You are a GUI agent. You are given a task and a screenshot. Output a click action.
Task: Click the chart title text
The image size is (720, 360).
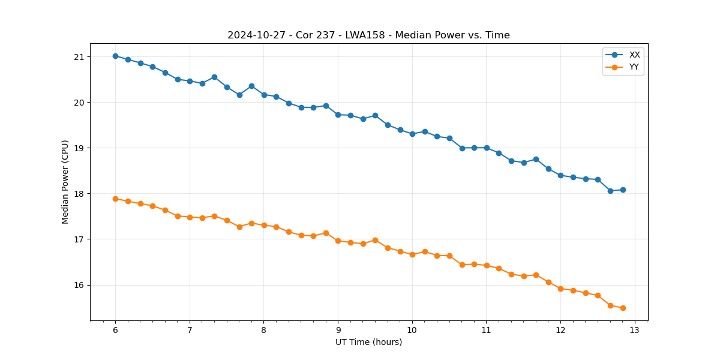368,35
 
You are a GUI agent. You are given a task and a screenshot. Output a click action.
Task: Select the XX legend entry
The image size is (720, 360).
634,55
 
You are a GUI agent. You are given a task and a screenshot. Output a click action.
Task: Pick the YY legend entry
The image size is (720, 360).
634,67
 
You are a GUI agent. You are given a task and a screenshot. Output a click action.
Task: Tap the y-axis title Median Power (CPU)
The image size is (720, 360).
65,182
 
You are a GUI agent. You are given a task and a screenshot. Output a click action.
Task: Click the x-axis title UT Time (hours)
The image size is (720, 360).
368,342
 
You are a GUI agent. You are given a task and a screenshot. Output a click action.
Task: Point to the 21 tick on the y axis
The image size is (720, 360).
79,57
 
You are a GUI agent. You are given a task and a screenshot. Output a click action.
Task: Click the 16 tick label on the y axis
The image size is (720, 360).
79,285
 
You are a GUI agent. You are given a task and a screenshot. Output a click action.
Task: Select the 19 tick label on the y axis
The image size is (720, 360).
79,148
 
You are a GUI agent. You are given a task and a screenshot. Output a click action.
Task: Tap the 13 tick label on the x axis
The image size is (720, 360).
635,331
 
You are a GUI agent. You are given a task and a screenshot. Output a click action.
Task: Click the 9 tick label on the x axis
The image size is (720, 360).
338,331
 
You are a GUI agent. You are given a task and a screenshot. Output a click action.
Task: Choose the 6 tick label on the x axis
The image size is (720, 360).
115,331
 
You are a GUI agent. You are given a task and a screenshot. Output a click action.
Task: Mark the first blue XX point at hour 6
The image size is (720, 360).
115,56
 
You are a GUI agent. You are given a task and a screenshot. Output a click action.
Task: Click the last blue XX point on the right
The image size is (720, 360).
623,190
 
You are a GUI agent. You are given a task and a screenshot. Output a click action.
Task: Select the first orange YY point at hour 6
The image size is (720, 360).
115,199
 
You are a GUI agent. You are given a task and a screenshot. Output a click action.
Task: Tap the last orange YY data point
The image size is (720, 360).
623,308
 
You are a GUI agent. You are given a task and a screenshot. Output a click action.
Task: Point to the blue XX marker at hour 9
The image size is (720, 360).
338,115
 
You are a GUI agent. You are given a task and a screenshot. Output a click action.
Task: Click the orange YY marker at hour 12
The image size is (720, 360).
560,289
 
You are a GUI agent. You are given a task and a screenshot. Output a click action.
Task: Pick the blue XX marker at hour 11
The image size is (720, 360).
487,148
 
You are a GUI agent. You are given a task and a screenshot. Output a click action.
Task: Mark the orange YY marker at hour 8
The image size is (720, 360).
264,225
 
